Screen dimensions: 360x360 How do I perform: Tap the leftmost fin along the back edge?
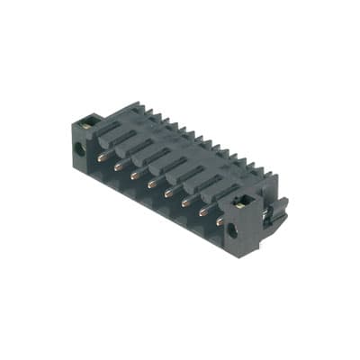(135, 107)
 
